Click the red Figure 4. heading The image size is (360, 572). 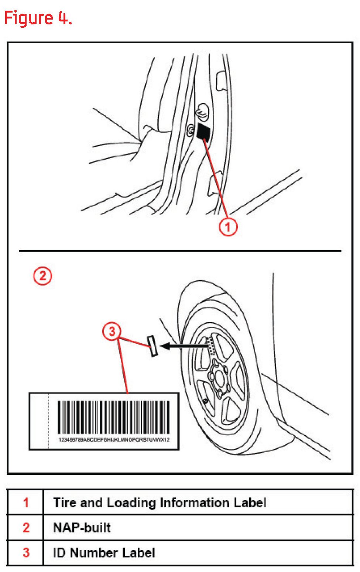click(38, 18)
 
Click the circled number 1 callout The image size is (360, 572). click(228, 227)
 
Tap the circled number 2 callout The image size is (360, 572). click(43, 276)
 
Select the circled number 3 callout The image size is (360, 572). click(112, 331)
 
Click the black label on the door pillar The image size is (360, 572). click(203, 132)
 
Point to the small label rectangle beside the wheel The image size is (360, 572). click(152, 346)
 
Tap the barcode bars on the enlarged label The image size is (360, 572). click(113, 417)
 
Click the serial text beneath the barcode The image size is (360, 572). click(114, 440)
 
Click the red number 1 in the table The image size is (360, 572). click(26, 503)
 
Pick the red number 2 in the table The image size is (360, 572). click(26, 528)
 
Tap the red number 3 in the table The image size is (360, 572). click(26, 553)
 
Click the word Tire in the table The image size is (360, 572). click(65, 503)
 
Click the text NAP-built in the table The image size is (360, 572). click(82, 528)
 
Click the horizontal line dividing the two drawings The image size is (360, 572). click(180, 251)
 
